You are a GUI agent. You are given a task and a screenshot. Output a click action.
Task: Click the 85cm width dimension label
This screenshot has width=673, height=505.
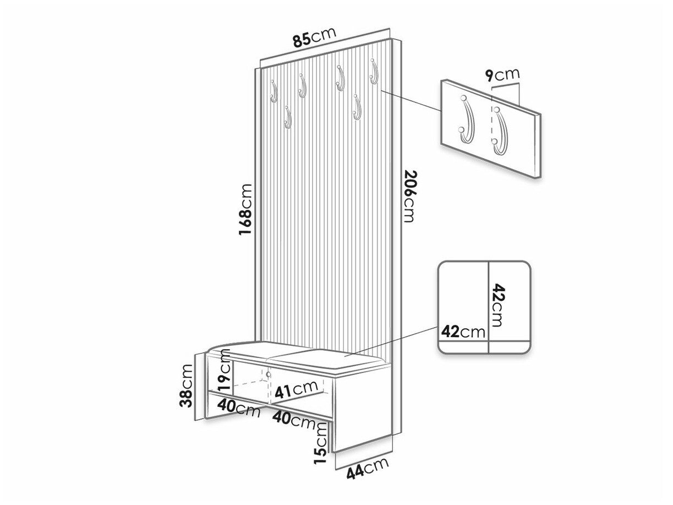pos(314,37)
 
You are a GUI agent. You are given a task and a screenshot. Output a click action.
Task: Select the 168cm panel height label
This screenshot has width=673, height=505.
pos(245,210)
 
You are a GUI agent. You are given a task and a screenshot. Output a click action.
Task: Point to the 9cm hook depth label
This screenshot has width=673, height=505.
pos(502,75)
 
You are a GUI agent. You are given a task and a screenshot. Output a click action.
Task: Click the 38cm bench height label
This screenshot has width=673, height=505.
pos(187,385)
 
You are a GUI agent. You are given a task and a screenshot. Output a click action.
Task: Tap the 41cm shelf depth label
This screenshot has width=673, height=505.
pos(296,390)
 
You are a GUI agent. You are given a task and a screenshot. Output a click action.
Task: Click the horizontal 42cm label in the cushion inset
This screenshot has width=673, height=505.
pos(463,332)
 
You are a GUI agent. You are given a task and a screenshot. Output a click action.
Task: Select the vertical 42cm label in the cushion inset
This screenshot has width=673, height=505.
pos(497,305)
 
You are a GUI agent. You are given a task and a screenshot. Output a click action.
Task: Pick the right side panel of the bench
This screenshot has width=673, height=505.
pos(362,412)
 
